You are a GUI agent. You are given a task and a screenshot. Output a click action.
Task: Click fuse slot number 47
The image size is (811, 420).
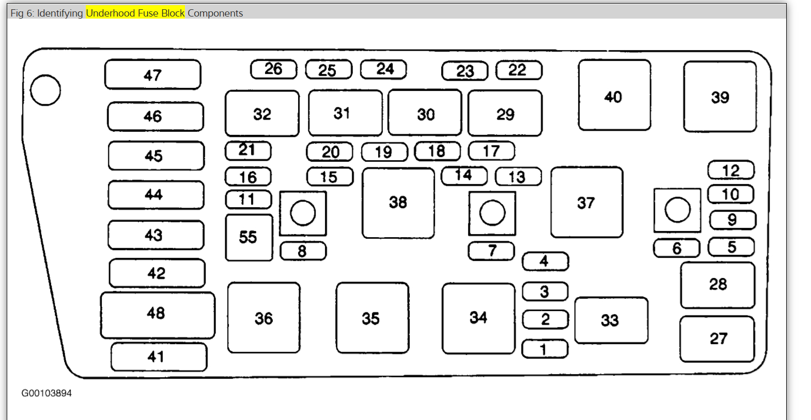click(x=152, y=75)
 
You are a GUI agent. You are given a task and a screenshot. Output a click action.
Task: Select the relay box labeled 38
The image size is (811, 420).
click(x=398, y=203)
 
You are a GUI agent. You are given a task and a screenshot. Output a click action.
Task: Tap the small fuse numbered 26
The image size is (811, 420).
click(x=273, y=69)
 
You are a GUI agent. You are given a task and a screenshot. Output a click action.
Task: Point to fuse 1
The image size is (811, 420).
click(x=544, y=349)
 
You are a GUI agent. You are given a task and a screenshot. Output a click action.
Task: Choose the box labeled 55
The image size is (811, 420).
click(x=248, y=237)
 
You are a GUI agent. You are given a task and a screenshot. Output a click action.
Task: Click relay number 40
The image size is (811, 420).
click(x=614, y=96)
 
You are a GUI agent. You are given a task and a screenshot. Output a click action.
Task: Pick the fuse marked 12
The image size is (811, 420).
click(x=730, y=170)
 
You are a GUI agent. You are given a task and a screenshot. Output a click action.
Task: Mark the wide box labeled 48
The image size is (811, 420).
click(x=157, y=314)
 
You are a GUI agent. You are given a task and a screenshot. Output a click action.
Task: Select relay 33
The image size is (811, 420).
click(x=611, y=320)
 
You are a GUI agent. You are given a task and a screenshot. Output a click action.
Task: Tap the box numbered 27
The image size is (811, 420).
click(x=717, y=339)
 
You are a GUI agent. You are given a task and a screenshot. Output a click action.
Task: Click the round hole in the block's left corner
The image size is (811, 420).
click(x=45, y=90)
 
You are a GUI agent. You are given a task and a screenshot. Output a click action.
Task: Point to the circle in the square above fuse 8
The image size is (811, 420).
click(x=303, y=213)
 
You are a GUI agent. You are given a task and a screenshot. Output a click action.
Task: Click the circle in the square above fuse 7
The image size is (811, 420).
click(x=492, y=213)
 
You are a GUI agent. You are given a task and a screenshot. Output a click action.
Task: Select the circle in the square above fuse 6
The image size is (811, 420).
click(x=677, y=210)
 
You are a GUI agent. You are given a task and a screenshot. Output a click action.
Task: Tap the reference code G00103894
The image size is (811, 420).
click(x=46, y=393)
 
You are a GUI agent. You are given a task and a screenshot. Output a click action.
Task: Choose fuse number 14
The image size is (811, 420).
click(x=464, y=176)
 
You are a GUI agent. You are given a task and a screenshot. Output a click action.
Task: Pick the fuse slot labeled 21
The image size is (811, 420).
click(x=247, y=150)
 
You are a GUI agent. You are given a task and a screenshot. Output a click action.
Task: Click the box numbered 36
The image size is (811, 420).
click(x=263, y=318)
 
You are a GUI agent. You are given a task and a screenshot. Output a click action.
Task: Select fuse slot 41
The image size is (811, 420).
click(x=158, y=356)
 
